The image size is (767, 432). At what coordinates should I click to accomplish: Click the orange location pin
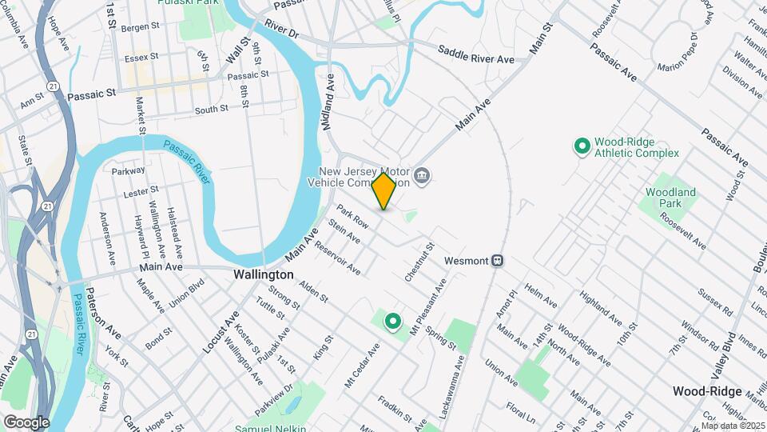(384, 190)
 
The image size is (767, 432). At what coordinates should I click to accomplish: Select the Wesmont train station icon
(497, 260)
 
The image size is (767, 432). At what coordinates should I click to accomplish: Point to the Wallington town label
(264, 274)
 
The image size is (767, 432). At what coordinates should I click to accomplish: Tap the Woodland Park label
(670, 198)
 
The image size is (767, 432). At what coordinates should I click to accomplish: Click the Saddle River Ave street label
(476, 54)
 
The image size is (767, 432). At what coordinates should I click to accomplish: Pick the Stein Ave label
(344, 233)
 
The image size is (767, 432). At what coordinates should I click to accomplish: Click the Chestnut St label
(419, 262)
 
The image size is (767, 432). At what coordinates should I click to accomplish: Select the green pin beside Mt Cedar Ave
(393, 322)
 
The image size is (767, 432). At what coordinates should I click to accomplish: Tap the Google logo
(26, 422)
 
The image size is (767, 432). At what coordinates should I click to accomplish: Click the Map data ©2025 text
(733, 425)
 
